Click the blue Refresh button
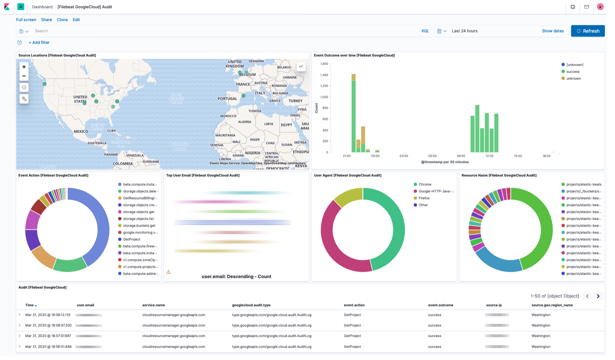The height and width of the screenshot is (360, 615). [x=588, y=31]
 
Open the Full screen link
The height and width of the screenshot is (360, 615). [x=26, y=20]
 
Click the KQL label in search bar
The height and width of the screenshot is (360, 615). [x=425, y=31]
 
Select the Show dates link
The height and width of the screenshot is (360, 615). [x=552, y=31]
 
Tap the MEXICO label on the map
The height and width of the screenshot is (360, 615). [x=81, y=132]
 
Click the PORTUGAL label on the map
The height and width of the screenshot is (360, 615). [x=227, y=99]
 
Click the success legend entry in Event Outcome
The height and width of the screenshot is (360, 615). [x=573, y=72]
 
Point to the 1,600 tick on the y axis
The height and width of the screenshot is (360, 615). [x=324, y=64]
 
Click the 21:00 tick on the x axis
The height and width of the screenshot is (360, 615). [x=347, y=156]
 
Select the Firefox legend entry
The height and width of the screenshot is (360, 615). [x=424, y=198]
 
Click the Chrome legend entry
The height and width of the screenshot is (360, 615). [x=425, y=184]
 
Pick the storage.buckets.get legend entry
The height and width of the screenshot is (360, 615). [x=139, y=226]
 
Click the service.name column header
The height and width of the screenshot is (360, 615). [x=154, y=305]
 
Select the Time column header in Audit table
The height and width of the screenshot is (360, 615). [x=30, y=305]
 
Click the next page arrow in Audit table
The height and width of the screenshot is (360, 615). [x=598, y=296]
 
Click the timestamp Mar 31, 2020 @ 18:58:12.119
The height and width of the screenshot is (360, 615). [x=48, y=315]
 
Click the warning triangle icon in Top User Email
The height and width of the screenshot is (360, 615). [x=168, y=272]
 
